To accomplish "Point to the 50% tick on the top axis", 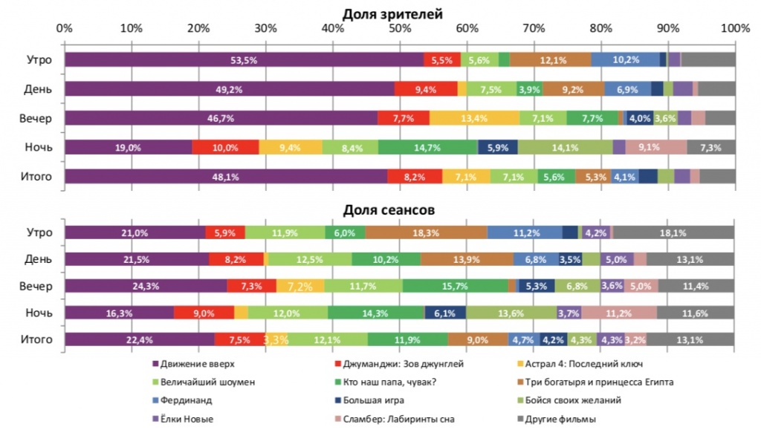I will click(400, 28).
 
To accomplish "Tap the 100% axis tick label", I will click(735, 28).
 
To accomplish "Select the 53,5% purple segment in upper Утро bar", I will click(244, 60).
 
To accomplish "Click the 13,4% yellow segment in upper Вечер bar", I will click(474, 118).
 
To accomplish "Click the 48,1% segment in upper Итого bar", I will click(226, 176).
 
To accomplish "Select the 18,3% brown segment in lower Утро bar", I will click(426, 232).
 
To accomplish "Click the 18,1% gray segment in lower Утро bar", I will click(673, 232).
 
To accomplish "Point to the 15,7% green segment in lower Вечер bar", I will click(455, 286).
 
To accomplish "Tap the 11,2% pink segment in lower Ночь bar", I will click(619, 313).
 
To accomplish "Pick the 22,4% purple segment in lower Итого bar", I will click(140, 339).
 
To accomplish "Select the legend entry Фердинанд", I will click(183, 400).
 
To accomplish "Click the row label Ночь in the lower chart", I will click(38, 313).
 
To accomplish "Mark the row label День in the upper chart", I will click(38, 89).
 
